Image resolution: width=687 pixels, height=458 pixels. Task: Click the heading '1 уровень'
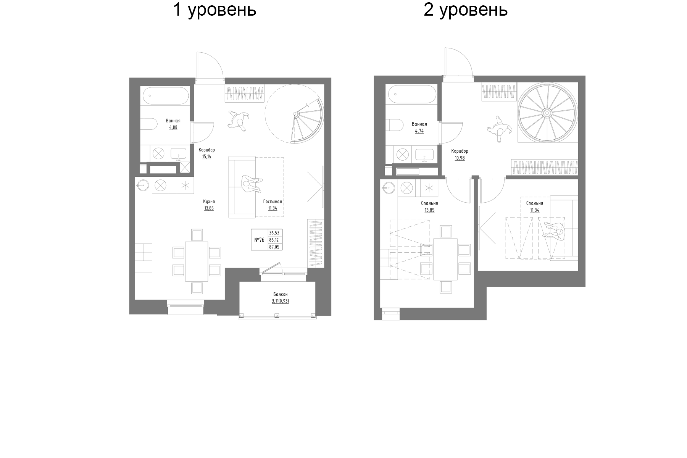[214, 10]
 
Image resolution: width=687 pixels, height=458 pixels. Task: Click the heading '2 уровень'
[465, 10]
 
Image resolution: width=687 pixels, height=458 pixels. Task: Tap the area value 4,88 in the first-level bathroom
[173, 127]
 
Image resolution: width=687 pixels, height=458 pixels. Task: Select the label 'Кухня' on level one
[209, 202]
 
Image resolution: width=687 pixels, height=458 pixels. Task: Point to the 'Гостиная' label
[272, 202]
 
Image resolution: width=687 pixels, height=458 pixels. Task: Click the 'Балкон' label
[280, 294]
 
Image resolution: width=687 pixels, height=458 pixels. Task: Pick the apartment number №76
[260, 240]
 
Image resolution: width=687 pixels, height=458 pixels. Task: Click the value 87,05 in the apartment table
[274, 247]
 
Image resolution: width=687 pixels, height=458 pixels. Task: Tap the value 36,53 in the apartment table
[274, 233]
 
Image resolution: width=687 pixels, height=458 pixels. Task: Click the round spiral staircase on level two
[547, 113]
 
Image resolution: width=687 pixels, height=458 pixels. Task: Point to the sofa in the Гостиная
[242, 187]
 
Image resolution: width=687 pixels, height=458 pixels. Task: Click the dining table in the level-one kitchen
[197, 261]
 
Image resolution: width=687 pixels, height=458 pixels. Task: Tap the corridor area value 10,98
[460, 158]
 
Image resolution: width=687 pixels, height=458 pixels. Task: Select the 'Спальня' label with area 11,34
[534, 203]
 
